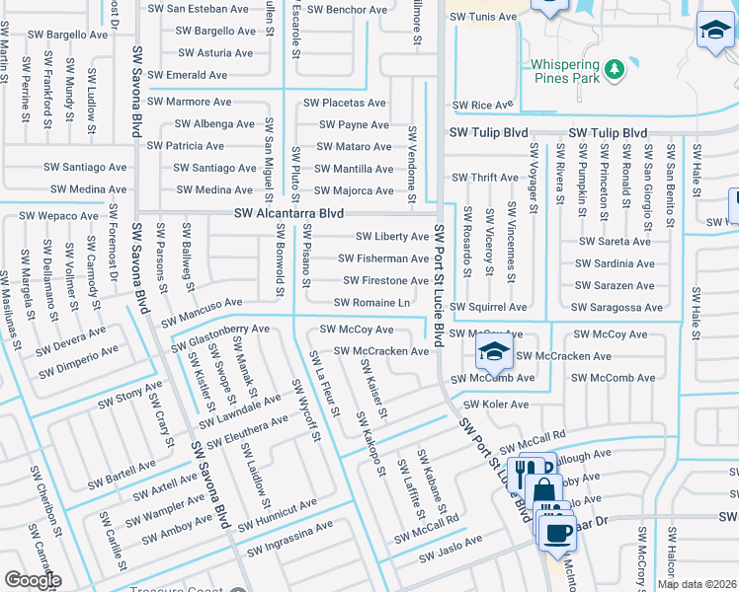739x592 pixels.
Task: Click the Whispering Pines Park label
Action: point(565,71)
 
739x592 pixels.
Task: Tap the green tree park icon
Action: point(615,68)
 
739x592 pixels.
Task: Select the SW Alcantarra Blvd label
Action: point(288,213)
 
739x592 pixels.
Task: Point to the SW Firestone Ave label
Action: point(385,281)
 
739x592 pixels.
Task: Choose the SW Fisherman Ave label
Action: point(383,259)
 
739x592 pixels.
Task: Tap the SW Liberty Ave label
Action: point(392,237)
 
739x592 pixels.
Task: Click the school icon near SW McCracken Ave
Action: point(493,350)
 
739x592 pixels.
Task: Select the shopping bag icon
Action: point(542,488)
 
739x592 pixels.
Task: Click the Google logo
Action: point(33,580)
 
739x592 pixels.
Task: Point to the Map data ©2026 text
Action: point(697,584)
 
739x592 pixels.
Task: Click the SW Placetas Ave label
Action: point(344,103)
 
